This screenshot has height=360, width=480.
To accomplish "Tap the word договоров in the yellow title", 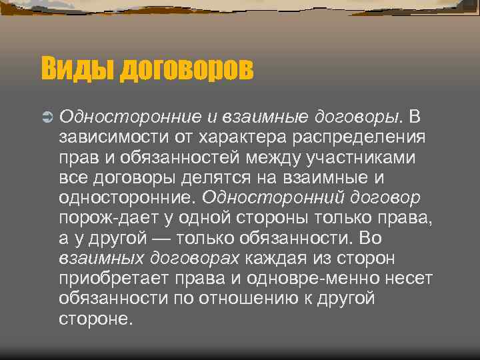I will (187, 69).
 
